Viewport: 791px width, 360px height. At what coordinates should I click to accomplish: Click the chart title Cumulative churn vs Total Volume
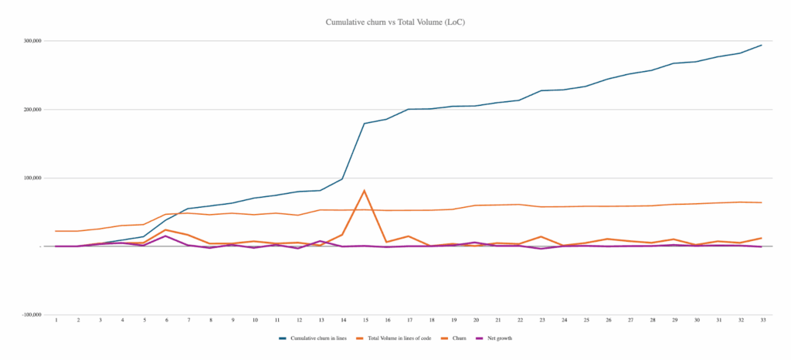click(x=395, y=22)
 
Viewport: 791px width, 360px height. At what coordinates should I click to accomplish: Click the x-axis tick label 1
click(x=56, y=319)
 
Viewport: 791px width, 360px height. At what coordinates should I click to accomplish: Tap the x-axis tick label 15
click(x=365, y=319)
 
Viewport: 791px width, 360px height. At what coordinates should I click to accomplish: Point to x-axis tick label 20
click(x=475, y=319)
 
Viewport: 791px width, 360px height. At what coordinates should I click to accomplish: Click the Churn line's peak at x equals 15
click(x=365, y=190)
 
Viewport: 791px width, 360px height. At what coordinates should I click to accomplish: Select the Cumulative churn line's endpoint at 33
click(x=762, y=45)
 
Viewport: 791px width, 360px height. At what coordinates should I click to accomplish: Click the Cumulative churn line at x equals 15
click(x=365, y=124)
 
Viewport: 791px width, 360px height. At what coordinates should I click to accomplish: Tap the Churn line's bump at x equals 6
click(x=166, y=229)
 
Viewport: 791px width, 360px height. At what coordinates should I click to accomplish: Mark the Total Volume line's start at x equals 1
click(x=56, y=231)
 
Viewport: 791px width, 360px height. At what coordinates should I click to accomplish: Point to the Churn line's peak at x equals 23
click(x=541, y=236)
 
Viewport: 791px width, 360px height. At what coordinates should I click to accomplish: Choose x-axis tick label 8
click(x=210, y=319)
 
